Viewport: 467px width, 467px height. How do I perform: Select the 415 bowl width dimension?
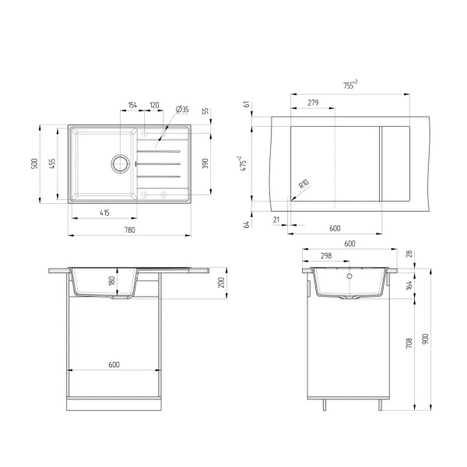tap(104, 212)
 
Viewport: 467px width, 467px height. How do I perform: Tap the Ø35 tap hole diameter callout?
tap(182, 108)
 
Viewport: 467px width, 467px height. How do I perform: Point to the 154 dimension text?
tap(132, 104)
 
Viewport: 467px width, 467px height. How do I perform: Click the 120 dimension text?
tap(154, 104)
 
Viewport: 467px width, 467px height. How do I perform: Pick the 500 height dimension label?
tap(33, 163)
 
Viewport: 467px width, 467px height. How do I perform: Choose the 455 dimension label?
tap(51, 163)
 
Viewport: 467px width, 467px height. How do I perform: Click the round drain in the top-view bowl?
tap(120, 163)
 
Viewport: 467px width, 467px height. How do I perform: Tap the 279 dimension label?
tap(312, 103)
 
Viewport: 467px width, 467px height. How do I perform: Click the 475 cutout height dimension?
tap(244, 163)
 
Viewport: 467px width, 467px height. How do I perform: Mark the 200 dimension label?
tap(221, 282)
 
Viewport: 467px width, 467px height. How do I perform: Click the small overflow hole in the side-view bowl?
tap(349, 275)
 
